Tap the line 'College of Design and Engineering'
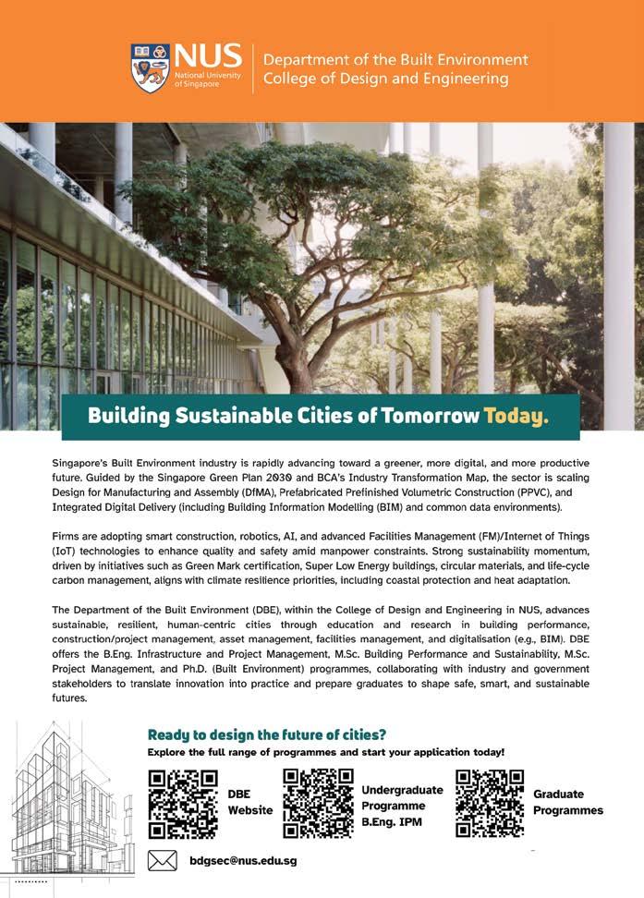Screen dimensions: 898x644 pos(385,79)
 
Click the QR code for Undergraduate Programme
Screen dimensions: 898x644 pos(317,802)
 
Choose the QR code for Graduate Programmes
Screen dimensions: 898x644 pos(490,802)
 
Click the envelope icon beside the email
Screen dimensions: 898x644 pos(163,861)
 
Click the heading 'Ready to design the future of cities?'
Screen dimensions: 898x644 pos(267,734)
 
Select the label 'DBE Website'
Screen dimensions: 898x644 pos(250,802)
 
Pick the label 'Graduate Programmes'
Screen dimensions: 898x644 pos(567,802)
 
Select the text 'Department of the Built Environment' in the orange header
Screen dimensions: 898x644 pos(395,59)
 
